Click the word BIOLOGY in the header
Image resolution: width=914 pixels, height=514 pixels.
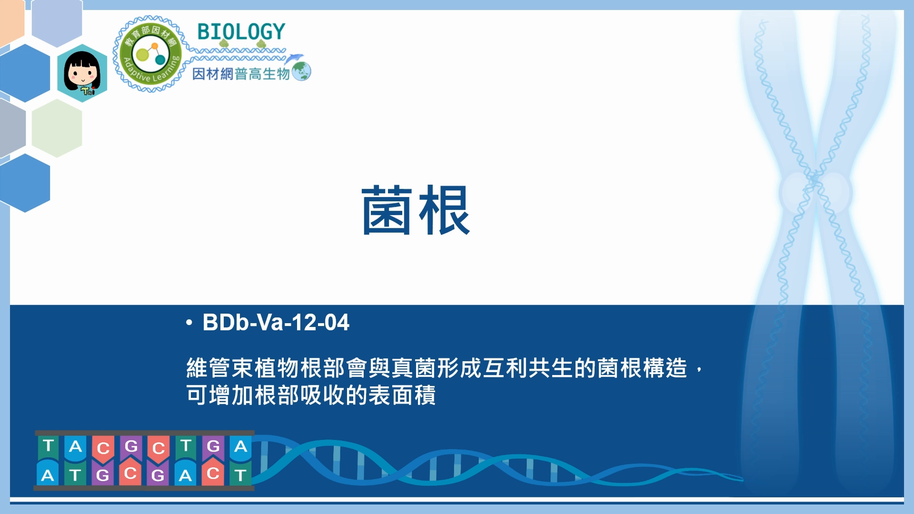tap(241, 32)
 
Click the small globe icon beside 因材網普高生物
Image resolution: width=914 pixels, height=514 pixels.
tap(301, 71)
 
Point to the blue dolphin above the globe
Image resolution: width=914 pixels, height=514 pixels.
tap(294, 59)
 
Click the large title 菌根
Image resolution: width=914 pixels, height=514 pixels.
tap(416, 210)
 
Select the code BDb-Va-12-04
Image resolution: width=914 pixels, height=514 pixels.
tap(276, 322)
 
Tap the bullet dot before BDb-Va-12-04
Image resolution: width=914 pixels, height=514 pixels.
tap(189, 323)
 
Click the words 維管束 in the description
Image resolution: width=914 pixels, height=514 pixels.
tap(220, 368)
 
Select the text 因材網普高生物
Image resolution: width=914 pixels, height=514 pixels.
tap(241, 74)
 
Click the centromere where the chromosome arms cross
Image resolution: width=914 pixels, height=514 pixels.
tap(815, 180)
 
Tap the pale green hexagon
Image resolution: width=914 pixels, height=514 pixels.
tap(57, 128)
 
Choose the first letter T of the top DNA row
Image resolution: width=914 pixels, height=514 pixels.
tap(48, 446)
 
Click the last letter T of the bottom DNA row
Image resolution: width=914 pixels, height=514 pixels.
tap(240, 474)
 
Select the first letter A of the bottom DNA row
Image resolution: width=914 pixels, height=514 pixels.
tap(48, 474)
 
